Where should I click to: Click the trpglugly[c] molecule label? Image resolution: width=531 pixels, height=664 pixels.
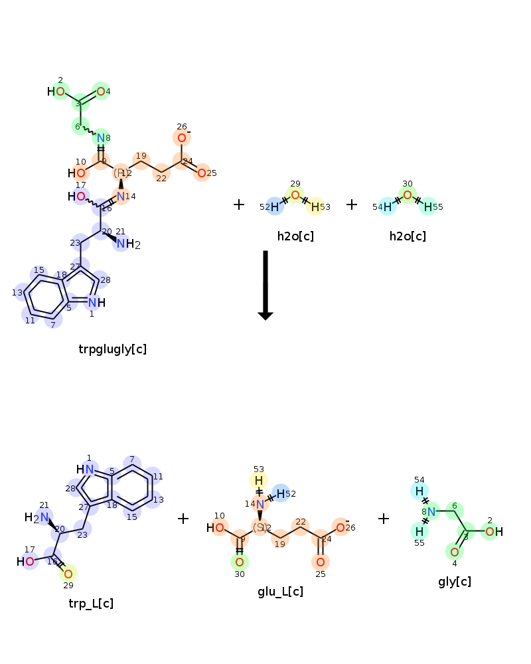112,349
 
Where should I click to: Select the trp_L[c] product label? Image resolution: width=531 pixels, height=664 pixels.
91,603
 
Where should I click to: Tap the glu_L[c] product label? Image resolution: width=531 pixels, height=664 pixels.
280,591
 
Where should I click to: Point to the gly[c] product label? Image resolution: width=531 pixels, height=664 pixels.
455,582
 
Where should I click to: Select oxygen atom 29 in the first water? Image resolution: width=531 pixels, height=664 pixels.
295,195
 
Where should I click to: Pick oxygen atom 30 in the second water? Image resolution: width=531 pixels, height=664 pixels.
408,195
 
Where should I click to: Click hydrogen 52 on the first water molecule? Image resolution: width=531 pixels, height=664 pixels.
275,207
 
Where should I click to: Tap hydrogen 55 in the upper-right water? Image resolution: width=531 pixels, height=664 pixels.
428,207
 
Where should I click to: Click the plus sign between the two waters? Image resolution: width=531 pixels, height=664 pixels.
352,205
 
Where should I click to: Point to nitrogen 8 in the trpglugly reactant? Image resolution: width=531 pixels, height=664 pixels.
101,138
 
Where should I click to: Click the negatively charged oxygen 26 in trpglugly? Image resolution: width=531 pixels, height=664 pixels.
181,138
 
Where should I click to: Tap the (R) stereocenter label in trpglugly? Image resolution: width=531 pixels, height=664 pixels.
121,173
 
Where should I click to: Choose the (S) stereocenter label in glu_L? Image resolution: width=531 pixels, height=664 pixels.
260,528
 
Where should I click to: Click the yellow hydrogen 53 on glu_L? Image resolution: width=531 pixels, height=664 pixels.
259,480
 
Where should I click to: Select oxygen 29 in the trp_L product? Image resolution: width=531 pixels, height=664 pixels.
68,574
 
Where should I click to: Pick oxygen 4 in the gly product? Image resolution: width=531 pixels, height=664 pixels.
455,552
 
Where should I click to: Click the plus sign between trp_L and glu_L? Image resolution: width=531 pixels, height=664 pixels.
183,519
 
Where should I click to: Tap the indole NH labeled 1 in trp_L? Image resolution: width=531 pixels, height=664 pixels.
86,469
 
